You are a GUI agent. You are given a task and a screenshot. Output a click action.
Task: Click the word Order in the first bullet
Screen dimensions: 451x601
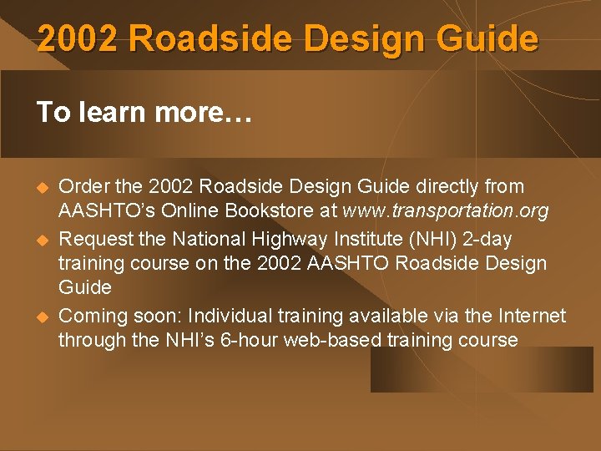pos(81,186)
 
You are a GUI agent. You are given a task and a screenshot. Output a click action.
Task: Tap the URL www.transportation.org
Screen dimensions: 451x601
pos(445,211)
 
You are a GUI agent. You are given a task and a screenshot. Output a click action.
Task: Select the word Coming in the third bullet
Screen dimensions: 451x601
pos(89,316)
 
